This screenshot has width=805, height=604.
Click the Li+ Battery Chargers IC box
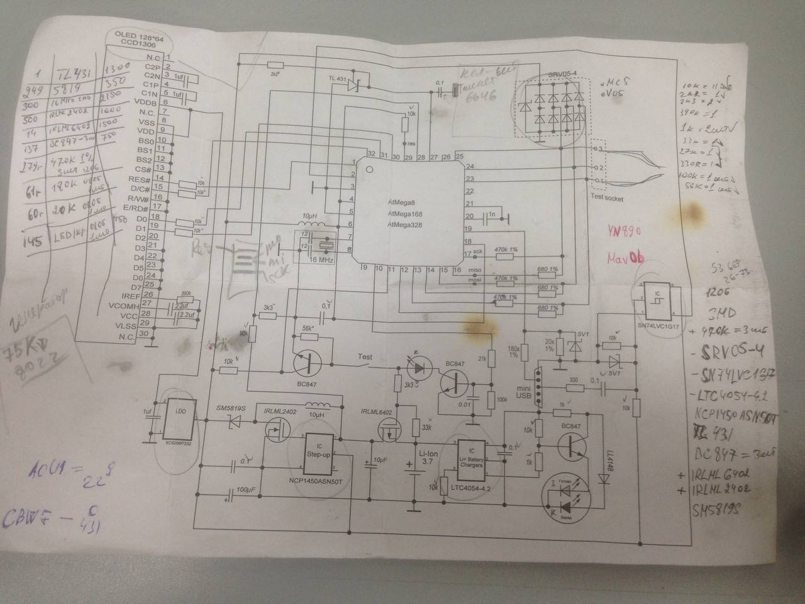[472, 461]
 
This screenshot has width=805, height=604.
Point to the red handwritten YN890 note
[624, 232]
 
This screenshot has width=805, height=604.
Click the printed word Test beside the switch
[365, 357]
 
